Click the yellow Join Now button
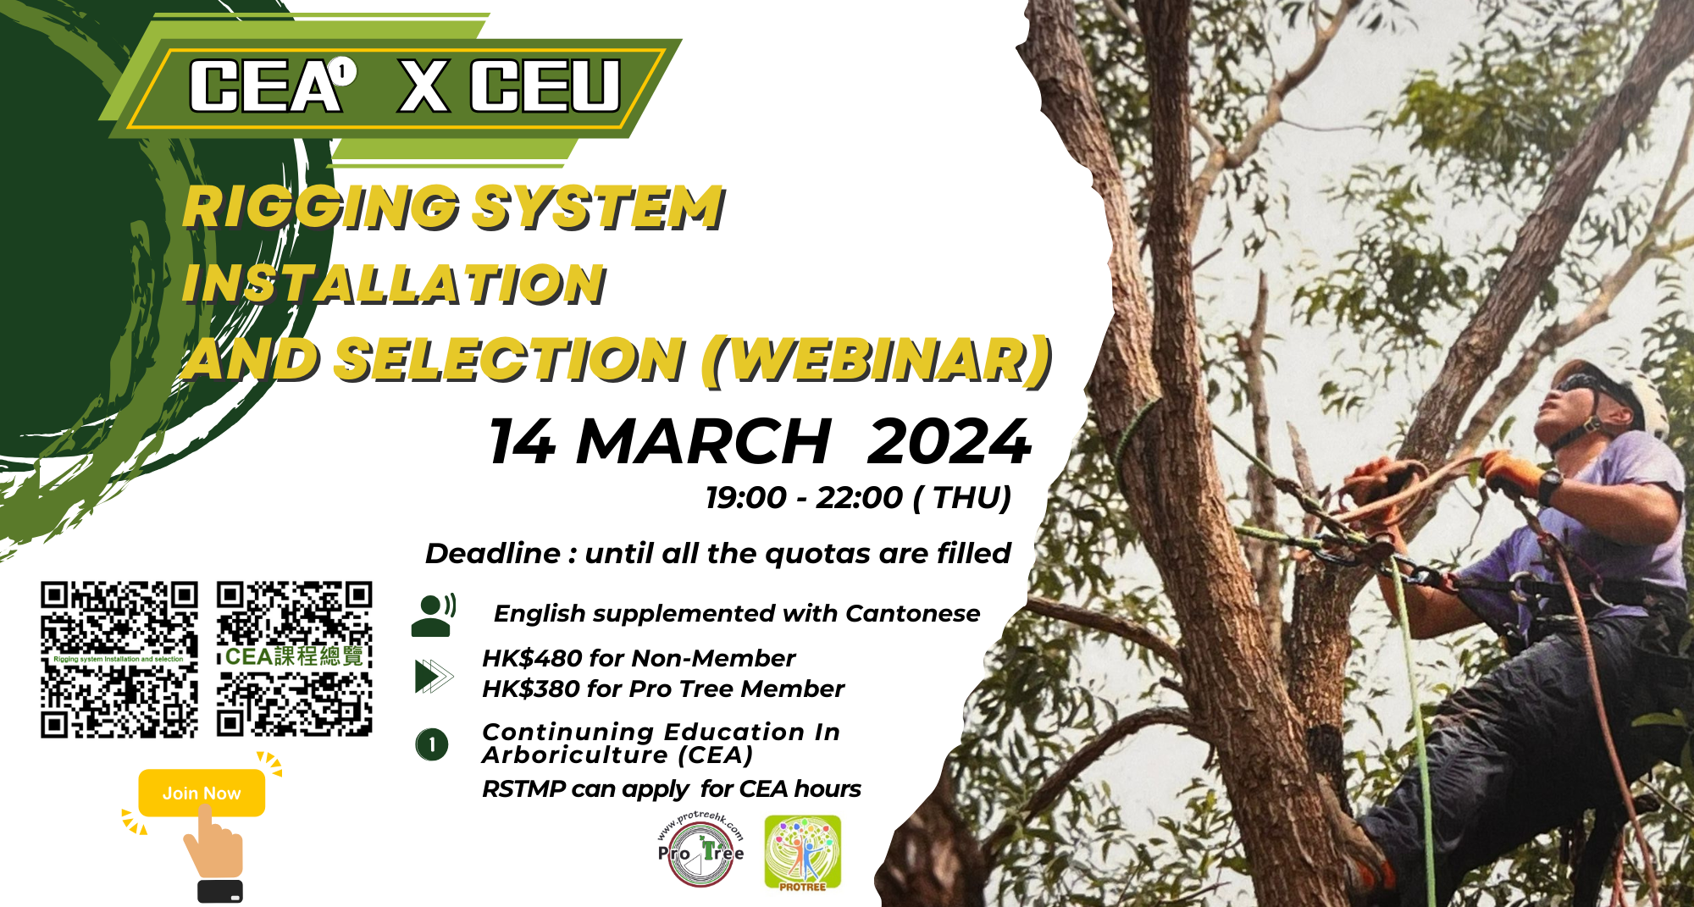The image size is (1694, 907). [x=202, y=793]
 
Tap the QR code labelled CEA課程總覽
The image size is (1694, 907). [x=295, y=658]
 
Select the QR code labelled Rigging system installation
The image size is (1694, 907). [x=119, y=659]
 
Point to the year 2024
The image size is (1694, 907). [x=949, y=441]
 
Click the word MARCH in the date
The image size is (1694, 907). [x=703, y=441]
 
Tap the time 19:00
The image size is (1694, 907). [x=746, y=497]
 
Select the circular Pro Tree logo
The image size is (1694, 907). [x=701, y=849]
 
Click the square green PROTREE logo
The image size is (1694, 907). [x=802, y=853]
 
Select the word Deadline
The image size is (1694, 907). [x=492, y=553]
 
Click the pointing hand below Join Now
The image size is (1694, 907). [x=214, y=849]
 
